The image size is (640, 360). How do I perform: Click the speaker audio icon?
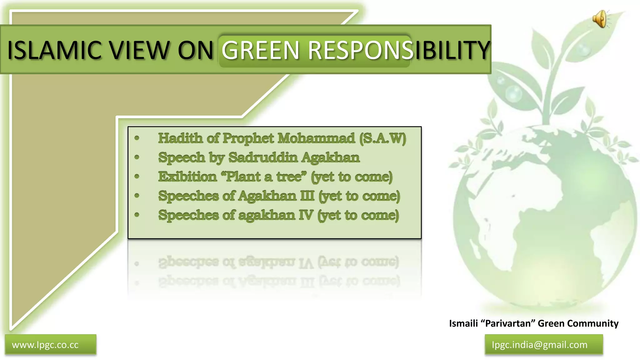600,19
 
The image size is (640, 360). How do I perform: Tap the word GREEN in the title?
260,50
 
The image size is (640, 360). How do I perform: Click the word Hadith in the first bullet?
180,138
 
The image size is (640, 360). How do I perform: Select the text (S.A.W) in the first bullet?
382,138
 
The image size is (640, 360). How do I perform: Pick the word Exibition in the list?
187,177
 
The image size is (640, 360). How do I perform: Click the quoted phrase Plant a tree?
264,177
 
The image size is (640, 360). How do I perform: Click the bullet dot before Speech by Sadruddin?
137,157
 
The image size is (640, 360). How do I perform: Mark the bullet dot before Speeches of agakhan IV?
137,215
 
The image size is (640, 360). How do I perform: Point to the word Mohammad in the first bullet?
316,138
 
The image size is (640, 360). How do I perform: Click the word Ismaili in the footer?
463,323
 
